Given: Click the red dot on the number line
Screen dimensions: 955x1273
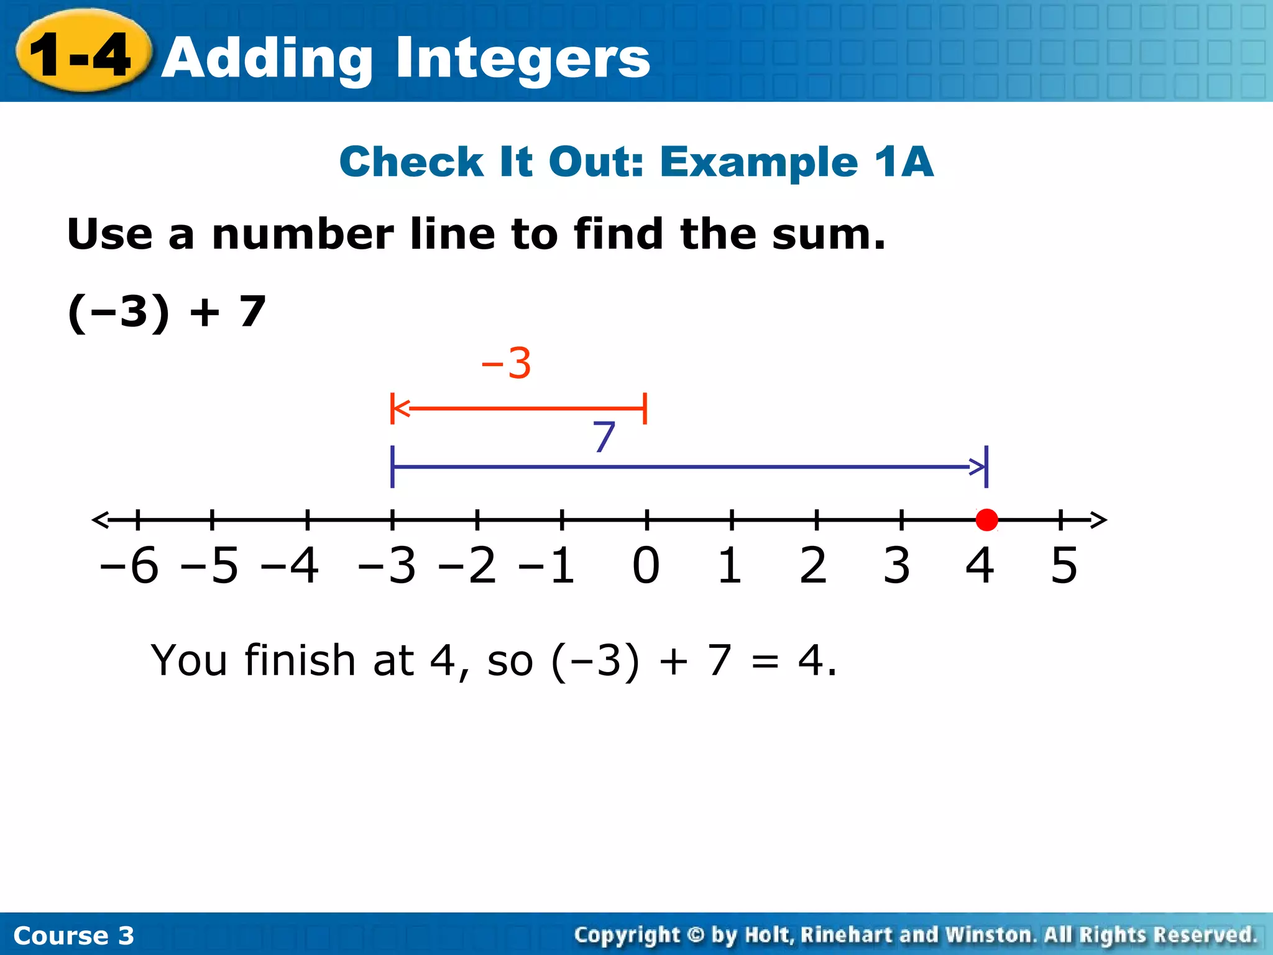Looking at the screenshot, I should pos(986,520).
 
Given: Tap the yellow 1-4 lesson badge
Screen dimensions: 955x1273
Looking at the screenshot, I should pos(82,55).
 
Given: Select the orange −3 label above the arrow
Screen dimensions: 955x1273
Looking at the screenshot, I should pos(507,363).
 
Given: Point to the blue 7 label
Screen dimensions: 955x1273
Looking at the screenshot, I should pos(604,437).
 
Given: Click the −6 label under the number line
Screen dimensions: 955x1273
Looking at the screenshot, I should pos(129,566).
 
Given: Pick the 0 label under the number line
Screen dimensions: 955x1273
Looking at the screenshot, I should pos(646,566).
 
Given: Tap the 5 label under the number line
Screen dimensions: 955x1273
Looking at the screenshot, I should pos(1064,566).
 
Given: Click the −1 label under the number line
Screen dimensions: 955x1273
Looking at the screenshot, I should pos(547,566).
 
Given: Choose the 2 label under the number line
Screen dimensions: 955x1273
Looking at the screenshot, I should pos(813,566).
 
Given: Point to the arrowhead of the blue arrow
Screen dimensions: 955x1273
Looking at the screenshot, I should pos(978,466).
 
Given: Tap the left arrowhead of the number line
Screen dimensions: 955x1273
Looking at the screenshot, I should pos(100,520).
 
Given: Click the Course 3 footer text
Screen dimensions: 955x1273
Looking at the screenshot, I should pos(73,935).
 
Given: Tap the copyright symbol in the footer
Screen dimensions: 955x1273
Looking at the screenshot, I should pos(696,934).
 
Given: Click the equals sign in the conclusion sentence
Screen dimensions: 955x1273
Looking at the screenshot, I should pos(765,662).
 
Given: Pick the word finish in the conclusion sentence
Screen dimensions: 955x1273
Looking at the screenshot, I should pos(300,660).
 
